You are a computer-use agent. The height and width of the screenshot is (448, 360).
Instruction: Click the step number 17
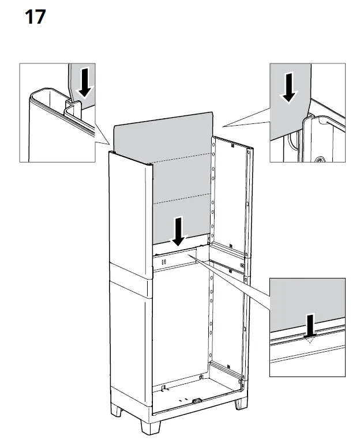click(x=35, y=17)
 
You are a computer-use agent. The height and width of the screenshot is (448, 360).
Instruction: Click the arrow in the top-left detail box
click(x=85, y=83)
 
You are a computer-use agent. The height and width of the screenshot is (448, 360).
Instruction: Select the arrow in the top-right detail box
click(x=289, y=88)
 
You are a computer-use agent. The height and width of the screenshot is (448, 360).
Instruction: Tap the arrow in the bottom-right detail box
click(x=310, y=325)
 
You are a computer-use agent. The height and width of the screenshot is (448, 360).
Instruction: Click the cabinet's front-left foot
click(x=149, y=427)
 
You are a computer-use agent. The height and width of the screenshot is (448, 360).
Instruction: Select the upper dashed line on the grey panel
click(x=182, y=158)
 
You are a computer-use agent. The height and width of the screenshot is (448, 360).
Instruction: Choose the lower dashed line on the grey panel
click(x=182, y=198)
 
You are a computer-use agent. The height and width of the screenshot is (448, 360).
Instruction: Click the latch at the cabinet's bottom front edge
click(x=197, y=401)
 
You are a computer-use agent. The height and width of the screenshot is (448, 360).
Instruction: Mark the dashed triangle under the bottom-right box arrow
click(x=310, y=339)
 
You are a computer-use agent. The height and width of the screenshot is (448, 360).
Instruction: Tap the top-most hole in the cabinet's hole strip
click(x=213, y=145)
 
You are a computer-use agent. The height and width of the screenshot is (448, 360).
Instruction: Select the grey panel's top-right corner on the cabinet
click(x=212, y=112)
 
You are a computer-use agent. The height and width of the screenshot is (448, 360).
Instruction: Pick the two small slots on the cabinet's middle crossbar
click(x=164, y=262)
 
